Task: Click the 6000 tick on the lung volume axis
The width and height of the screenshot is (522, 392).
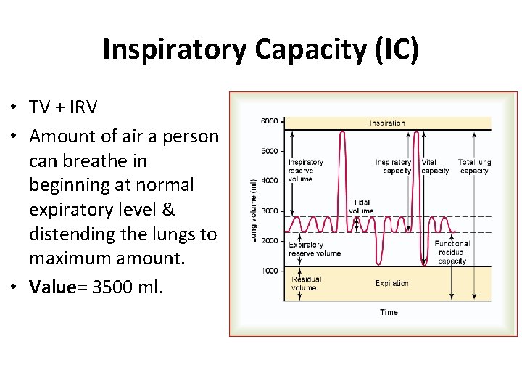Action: click(x=269, y=121)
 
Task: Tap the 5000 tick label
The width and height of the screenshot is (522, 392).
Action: click(x=269, y=151)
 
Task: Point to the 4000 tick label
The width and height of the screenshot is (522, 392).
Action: click(x=269, y=181)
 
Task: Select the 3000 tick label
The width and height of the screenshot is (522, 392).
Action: click(x=269, y=211)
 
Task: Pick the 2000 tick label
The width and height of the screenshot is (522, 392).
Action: click(x=269, y=240)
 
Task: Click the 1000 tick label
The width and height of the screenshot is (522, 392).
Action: click(x=269, y=271)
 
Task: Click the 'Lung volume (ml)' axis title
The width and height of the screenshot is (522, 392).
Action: click(x=254, y=211)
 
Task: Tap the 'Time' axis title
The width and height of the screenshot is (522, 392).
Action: click(x=389, y=312)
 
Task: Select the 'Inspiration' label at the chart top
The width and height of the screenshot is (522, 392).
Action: click(x=387, y=123)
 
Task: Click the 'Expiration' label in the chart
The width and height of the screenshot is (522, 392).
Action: click(x=391, y=283)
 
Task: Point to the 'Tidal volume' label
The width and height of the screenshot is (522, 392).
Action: click(x=361, y=207)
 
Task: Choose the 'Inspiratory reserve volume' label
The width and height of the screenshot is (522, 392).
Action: click(x=305, y=171)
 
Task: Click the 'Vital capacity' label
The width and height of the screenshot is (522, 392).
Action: click(x=434, y=167)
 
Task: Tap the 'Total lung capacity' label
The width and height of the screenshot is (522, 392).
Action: click(x=474, y=167)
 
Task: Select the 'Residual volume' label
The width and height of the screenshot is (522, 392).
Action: click(x=305, y=283)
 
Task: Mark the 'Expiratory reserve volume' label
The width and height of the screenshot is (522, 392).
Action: click(x=314, y=249)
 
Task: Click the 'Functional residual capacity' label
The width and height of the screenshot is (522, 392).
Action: click(x=452, y=252)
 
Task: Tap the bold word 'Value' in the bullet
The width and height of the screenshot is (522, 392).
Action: click(x=52, y=287)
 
